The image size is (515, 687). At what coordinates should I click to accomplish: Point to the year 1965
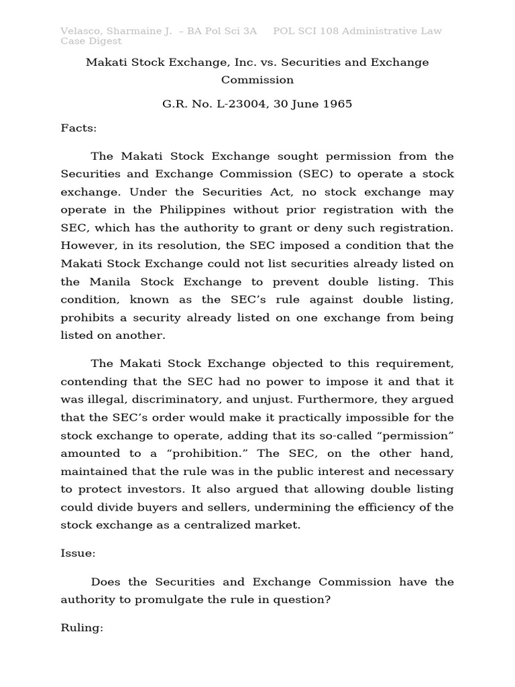(337, 104)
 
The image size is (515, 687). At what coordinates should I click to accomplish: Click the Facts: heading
(78, 128)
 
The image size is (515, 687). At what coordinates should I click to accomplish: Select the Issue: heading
(78, 553)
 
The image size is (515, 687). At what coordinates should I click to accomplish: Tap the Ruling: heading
(82, 630)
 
